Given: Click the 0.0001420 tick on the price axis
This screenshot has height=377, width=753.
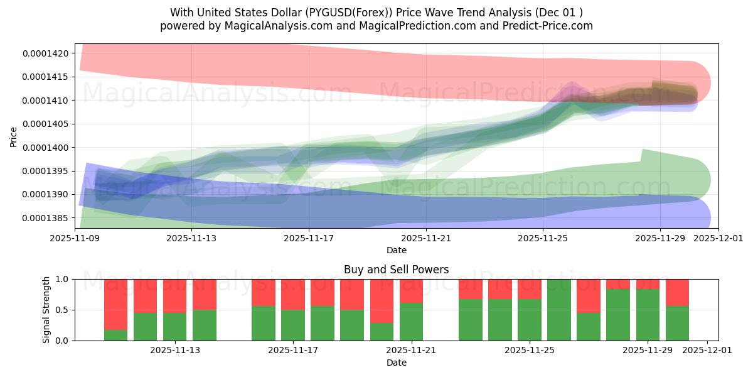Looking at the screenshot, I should (x=47, y=53).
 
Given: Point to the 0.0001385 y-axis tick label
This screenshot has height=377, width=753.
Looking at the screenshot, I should (x=47, y=218).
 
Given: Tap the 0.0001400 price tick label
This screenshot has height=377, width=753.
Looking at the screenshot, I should (x=47, y=148).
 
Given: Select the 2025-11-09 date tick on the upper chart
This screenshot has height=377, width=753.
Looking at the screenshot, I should (x=75, y=238).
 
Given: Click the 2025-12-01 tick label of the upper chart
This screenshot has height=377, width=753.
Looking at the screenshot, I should (x=718, y=238).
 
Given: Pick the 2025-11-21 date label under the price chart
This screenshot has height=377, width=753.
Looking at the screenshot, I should (x=426, y=238).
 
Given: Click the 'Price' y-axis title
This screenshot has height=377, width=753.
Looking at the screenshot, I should (x=14, y=136).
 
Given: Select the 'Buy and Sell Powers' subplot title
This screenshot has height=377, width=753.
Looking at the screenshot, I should (x=396, y=270).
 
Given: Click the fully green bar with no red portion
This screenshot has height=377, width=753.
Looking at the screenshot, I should (x=558, y=310).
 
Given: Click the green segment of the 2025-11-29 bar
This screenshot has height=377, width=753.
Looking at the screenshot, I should (x=648, y=315).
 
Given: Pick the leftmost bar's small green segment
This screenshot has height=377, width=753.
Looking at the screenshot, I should (x=115, y=335).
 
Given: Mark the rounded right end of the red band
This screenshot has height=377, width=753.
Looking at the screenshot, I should (x=697, y=82).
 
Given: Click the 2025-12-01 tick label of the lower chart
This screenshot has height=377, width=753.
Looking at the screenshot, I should (x=707, y=350).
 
